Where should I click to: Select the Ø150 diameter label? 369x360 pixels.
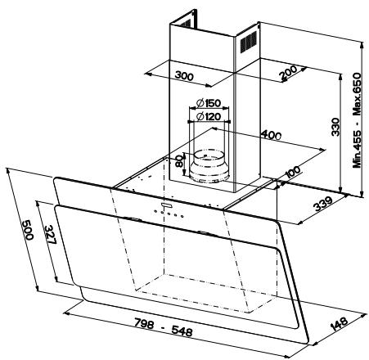coord(210,103)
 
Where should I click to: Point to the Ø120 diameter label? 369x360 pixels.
coord(210,116)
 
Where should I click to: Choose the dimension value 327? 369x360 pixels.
coord(50,239)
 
